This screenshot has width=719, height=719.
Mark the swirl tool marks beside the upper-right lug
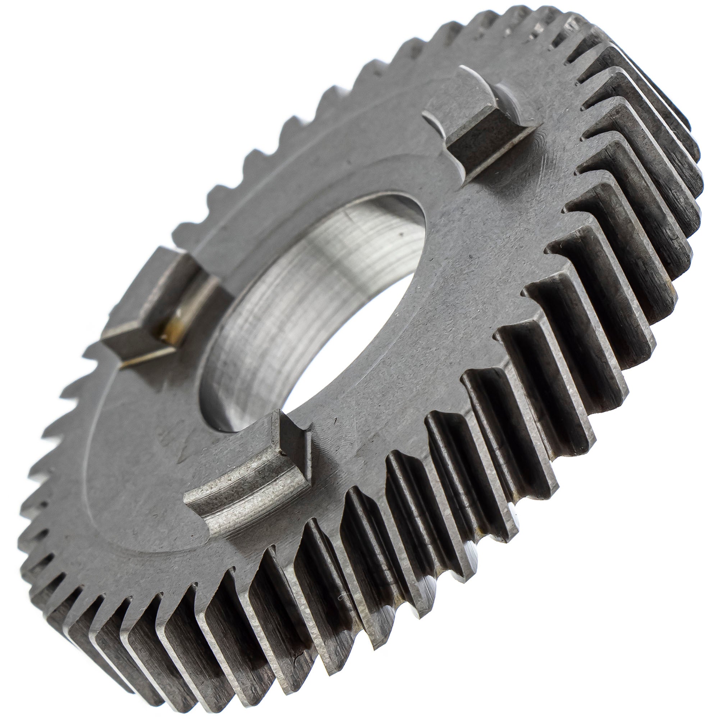551,149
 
